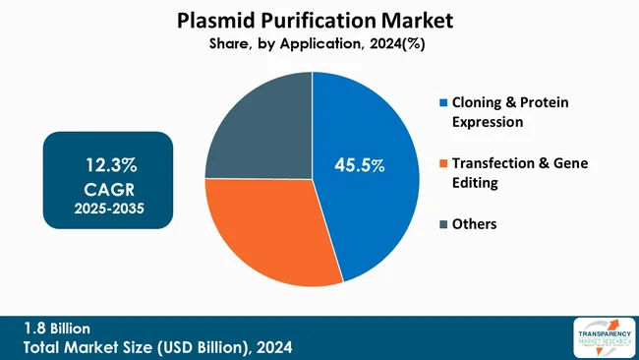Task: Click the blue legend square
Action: point(443,102)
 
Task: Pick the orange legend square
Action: point(443,163)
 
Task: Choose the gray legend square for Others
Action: point(443,224)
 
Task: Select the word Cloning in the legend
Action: point(479,102)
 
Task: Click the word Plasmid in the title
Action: point(216,19)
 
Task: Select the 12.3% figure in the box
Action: point(109,162)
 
